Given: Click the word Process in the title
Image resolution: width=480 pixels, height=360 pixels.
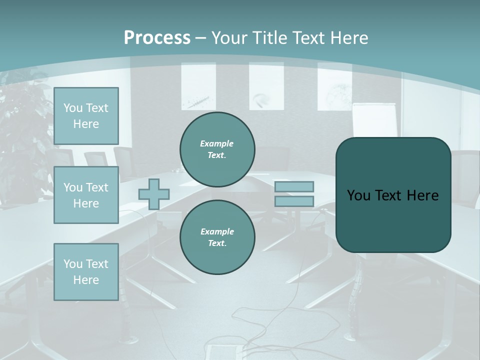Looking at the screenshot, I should click(x=157, y=38).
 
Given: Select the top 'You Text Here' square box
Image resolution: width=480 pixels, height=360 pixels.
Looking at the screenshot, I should click(x=86, y=116).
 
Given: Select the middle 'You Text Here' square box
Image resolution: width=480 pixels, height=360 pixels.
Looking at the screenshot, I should click(x=86, y=195).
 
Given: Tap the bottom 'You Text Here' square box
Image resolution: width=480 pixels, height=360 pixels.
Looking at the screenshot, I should click(x=86, y=272).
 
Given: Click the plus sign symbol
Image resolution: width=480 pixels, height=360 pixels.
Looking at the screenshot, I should click(x=154, y=194).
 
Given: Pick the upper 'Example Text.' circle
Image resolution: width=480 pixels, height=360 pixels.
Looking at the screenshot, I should click(x=217, y=149).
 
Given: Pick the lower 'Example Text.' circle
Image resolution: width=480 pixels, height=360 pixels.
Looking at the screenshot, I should click(x=217, y=237).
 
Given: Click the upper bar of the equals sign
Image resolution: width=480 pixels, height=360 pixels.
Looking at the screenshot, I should click(x=294, y=187).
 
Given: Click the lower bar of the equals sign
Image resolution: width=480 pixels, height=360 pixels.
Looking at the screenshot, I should click(x=294, y=201).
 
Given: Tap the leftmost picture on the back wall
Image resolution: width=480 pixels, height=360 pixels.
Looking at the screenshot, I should click(x=198, y=86).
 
